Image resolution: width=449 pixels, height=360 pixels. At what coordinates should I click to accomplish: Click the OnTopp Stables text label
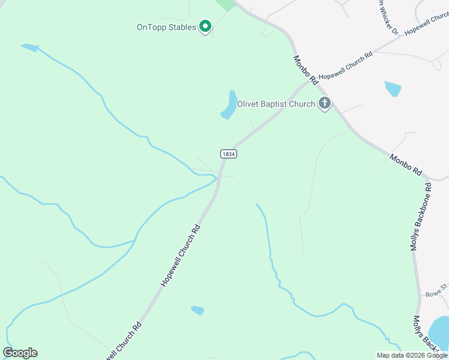point(166,27)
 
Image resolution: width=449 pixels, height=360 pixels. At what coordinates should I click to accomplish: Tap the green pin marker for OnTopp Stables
point(205,26)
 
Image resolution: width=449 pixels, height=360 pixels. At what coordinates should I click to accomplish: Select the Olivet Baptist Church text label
point(276,104)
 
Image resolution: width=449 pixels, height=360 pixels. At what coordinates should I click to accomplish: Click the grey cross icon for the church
point(324,104)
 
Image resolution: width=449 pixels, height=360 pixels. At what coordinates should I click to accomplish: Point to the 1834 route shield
point(228,154)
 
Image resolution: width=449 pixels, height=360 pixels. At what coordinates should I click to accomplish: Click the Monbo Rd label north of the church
point(305,70)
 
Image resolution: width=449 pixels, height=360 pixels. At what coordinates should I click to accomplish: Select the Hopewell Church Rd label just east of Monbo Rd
point(346,65)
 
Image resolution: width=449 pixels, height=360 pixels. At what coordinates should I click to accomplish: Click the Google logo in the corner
point(20,353)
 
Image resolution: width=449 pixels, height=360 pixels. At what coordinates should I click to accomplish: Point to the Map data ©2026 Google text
point(412,355)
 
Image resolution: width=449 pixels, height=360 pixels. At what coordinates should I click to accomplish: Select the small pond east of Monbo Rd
point(393,89)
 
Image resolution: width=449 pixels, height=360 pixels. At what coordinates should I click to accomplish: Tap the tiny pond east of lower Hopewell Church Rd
point(197,310)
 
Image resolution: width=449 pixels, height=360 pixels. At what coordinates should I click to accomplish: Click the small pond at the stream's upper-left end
point(29,47)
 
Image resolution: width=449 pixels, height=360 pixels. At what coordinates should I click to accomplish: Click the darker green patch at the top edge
point(226,4)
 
